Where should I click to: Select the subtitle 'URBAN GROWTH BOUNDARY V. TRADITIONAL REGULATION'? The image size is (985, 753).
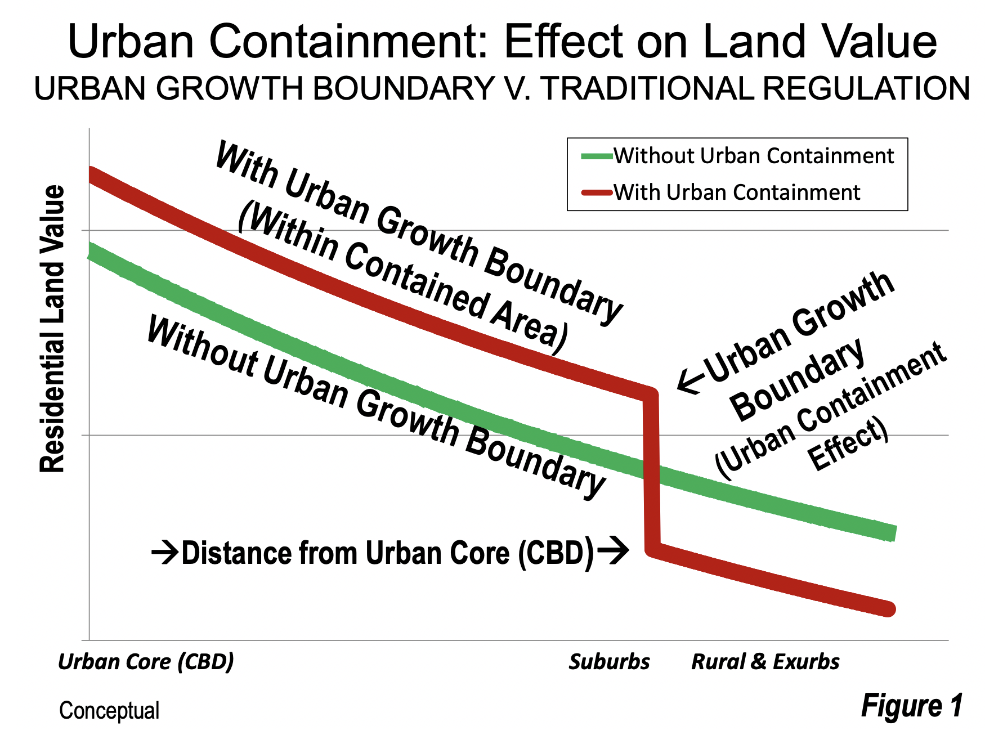coord(502,89)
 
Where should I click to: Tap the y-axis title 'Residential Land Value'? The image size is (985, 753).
coord(52,329)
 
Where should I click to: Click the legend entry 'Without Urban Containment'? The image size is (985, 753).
coord(753,156)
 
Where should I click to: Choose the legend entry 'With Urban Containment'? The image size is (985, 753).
coord(736,192)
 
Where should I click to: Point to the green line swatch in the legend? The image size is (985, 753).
coord(597,156)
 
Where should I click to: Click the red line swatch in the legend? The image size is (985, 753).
coord(597,193)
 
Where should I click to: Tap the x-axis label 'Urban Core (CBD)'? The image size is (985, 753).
coord(146,662)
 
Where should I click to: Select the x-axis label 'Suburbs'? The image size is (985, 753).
coord(609,662)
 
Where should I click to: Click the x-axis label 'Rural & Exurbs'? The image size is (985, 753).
coord(765,662)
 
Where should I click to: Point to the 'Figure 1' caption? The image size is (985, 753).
coord(912,706)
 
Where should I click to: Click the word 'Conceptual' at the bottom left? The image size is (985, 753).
coord(109,711)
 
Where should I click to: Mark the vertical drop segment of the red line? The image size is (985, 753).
coord(651,472)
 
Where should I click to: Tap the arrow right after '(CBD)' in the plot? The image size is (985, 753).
coord(612,549)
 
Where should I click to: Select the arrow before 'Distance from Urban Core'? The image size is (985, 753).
coord(165,553)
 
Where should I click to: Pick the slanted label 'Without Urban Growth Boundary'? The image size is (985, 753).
coord(376,407)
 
